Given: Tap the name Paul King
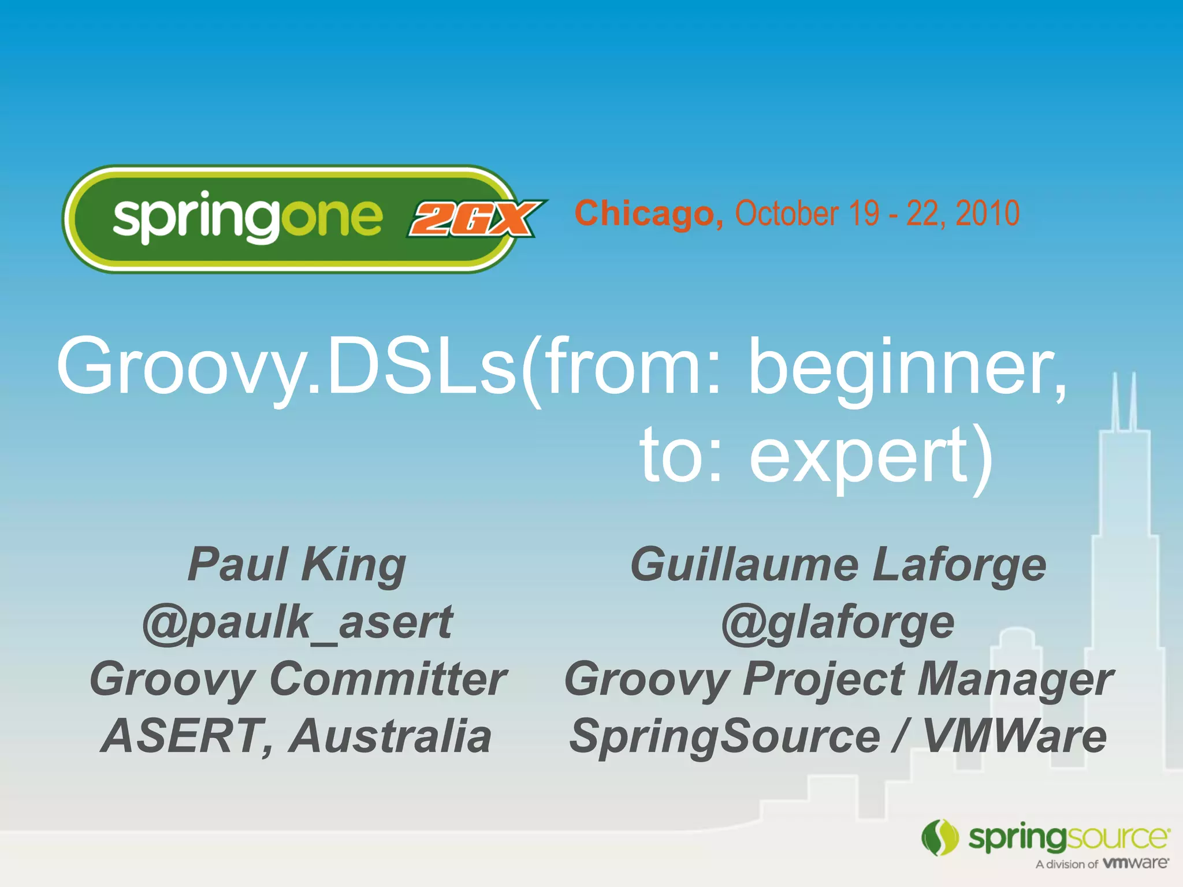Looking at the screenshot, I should coord(297,565).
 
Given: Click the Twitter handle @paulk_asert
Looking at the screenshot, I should coord(297,623).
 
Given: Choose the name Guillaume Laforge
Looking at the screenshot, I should coord(838,565).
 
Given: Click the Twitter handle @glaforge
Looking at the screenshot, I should coord(838,623).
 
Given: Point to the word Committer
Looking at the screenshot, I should coord(388,679).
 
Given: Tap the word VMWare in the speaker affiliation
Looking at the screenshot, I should coord(1014,736).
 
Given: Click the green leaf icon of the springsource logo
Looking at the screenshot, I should coord(940,837).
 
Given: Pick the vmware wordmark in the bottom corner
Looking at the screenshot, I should coord(1136,863).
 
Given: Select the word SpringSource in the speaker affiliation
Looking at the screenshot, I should coord(725,736).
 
